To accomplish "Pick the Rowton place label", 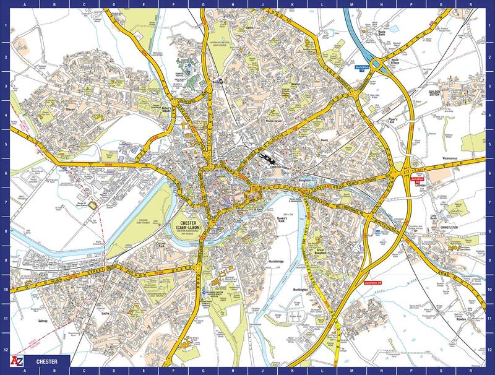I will pyautogui.click(x=460, y=320).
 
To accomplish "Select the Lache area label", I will pyautogui.click(x=105, y=314).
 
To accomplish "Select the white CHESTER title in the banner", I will pyautogui.click(x=48, y=360).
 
